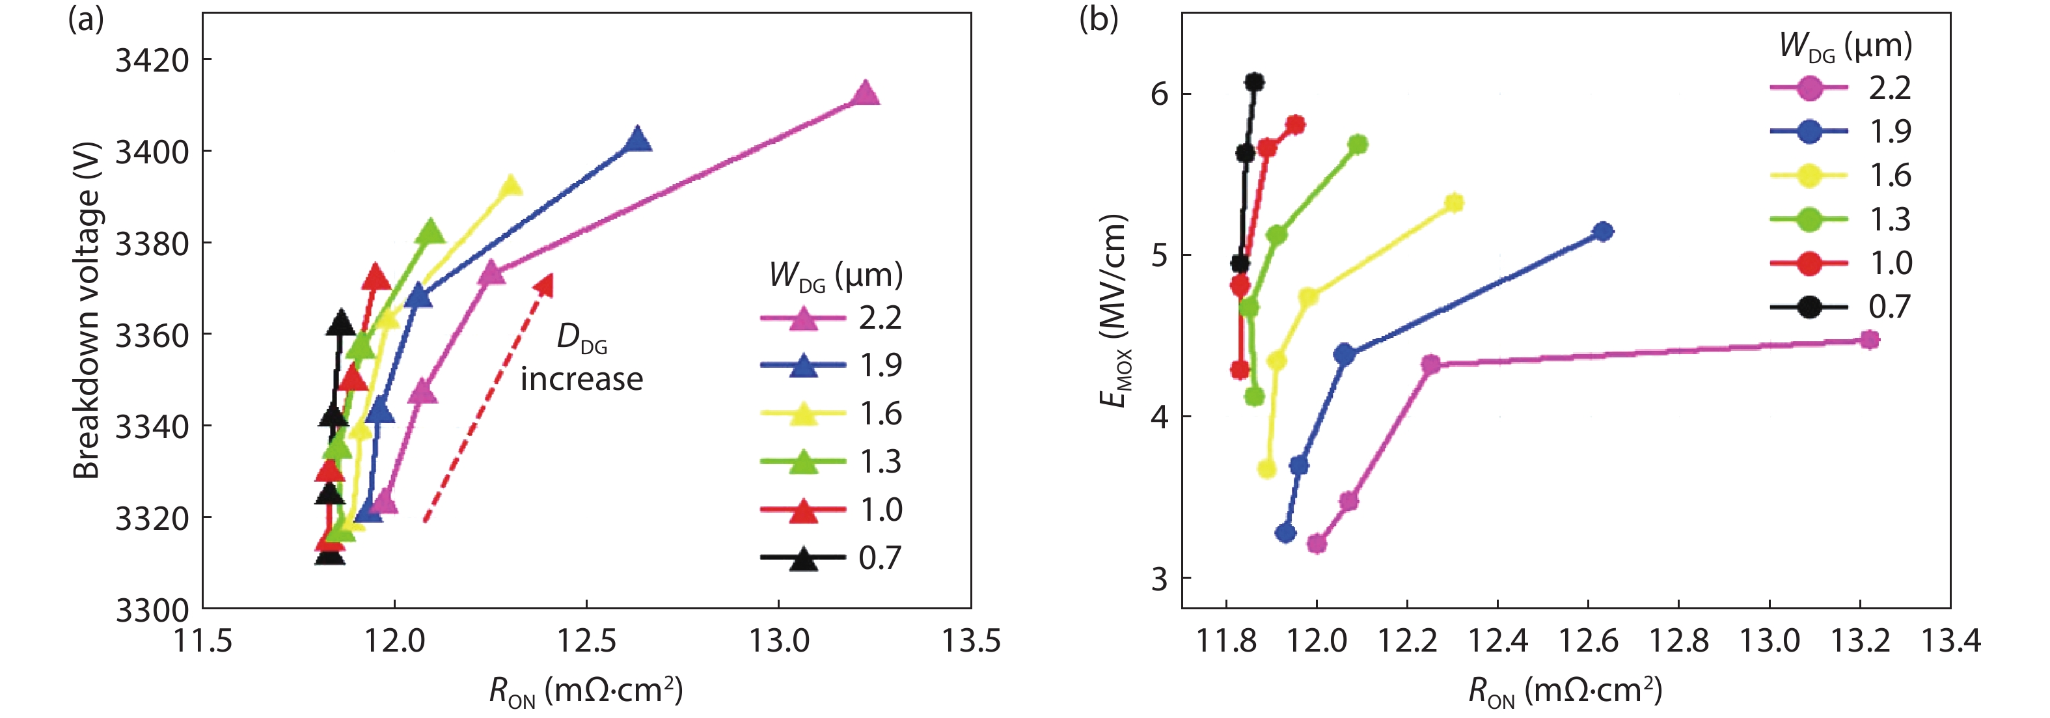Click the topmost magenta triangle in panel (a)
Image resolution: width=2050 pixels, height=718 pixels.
(865, 94)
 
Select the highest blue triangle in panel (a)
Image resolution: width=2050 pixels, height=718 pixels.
(636, 140)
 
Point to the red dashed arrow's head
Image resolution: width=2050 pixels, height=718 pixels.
(545, 284)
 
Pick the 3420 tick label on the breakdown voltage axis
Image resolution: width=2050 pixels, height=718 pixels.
(152, 60)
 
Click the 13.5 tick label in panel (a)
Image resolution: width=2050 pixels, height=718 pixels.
(971, 640)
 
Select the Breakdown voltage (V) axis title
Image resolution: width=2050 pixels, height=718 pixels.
(87, 311)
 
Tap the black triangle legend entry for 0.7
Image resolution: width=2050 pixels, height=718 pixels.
(804, 559)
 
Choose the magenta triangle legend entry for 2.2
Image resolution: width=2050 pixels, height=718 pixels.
(804, 318)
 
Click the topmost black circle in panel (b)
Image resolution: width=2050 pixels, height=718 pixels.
(1254, 82)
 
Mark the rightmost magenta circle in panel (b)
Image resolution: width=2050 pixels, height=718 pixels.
(1870, 340)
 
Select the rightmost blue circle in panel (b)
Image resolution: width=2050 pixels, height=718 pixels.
(1604, 232)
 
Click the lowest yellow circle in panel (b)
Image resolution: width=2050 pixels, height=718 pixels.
(1266, 469)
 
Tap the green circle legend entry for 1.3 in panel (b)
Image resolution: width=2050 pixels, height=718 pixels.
(1808, 219)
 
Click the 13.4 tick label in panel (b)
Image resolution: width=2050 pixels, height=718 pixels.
(1950, 640)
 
